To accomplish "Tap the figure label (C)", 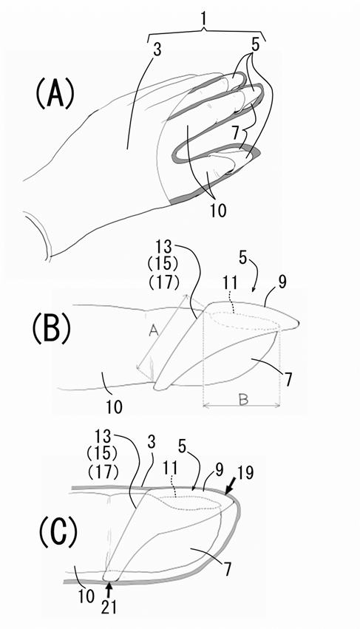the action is (x=58, y=534).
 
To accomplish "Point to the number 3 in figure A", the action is (x=157, y=51).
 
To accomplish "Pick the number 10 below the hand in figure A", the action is (x=218, y=209).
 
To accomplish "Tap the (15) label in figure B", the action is (x=163, y=265).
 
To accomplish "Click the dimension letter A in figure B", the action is (x=152, y=330).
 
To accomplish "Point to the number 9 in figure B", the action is (x=282, y=282).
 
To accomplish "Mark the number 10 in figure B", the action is (x=115, y=407).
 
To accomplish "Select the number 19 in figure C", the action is (x=245, y=472).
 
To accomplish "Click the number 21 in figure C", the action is (x=109, y=607).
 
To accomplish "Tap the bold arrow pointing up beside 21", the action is (x=108, y=591).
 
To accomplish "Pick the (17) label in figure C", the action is (x=102, y=472).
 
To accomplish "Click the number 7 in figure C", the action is (x=228, y=569).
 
